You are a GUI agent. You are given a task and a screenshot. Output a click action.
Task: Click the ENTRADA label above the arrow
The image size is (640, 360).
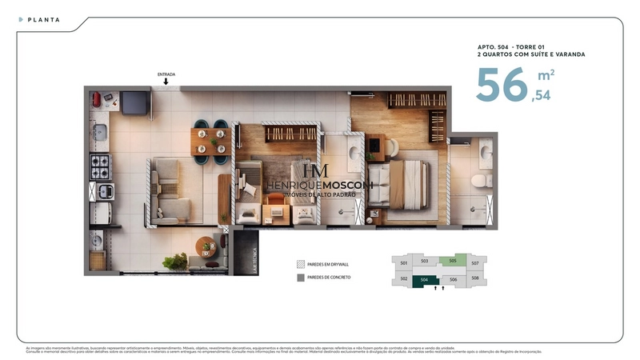coord(166,74)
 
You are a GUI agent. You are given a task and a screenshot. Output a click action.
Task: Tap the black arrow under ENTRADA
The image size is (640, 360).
coord(166,82)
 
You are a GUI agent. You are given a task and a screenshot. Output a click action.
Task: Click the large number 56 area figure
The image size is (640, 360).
coord(502,86)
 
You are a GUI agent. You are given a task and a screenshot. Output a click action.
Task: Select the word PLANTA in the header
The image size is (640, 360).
coord(44,19)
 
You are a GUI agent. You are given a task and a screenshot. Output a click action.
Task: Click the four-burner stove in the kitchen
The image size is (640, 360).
coord(101,166)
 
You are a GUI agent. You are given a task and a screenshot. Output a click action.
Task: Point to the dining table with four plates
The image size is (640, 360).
coord(211,141)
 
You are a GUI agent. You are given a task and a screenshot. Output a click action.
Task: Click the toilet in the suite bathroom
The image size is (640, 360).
coord(480,180)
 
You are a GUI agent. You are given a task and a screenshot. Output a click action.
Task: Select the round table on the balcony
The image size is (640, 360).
coord(207,246)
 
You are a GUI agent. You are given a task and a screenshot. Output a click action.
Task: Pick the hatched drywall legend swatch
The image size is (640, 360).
coord(301,263)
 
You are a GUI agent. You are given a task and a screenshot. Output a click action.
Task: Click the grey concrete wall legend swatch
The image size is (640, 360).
coord(301,278)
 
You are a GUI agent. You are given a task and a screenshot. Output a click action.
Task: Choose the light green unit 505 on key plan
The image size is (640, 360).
coord(453,261)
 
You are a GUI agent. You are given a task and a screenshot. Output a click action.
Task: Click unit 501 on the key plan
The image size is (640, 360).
coord(404,263)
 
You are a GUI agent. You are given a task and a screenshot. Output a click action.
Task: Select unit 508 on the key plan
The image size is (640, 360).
coord(475,278)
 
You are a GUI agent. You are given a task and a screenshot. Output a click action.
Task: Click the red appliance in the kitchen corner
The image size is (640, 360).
coord(98,100)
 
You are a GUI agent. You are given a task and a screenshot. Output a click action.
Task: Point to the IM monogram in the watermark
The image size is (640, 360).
coord(313,171)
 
